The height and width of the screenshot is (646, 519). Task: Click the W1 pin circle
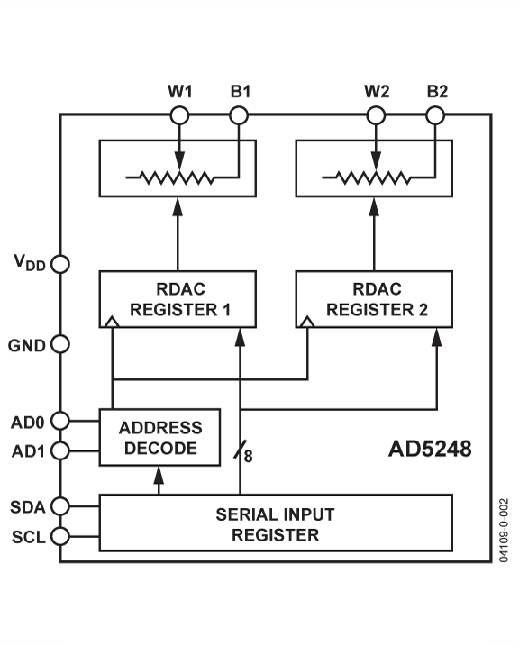pyautogui.click(x=179, y=115)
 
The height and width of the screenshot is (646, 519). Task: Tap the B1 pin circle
pyautogui.click(x=238, y=115)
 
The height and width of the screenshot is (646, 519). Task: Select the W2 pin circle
pyautogui.click(x=376, y=115)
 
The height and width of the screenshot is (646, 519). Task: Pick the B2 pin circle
pyautogui.click(x=435, y=115)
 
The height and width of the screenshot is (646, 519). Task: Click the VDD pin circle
pyautogui.click(x=60, y=265)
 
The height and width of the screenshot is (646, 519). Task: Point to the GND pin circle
pyautogui.click(x=60, y=344)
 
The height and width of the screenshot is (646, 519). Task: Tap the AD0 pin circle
pyautogui.click(x=60, y=420)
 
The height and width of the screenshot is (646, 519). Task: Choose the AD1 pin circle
pyautogui.click(x=60, y=450)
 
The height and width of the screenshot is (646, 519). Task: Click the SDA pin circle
pyautogui.click(x=60, y=506)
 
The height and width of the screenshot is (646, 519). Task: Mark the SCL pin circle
pyautogui.click(x=60, y=537)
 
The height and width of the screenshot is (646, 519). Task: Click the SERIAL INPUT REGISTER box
pyautogui.click(x=274, y=524)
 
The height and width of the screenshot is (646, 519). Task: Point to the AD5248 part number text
pyautogui.click(x=429, y=448)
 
